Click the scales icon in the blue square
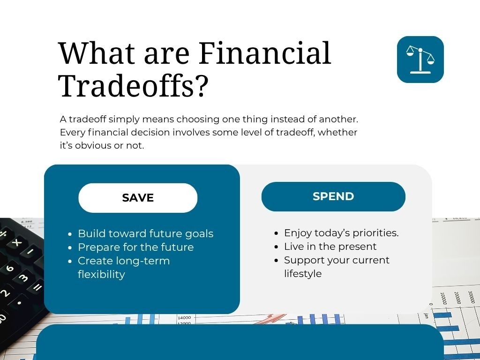point(420,60)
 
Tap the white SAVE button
point(138,198)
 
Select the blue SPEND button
point(333,196)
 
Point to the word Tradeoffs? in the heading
point(133,86)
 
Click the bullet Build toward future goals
point(145,233)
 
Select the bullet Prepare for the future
point(135,247)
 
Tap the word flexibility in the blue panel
point(101,274)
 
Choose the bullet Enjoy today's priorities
point(341,233)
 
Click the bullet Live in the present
point(330,247)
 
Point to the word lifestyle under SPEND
point(303,274)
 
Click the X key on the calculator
point(17,242)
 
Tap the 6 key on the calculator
point(9,269)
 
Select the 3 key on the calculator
point(23,278)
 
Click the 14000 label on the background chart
point(184,318)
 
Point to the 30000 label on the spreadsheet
point(471,298)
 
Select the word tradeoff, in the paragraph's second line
point(296,132)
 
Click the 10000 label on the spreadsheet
point(443,299)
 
